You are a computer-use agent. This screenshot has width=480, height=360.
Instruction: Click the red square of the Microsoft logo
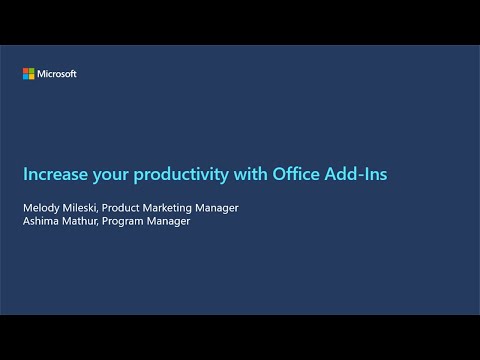coord(26,71)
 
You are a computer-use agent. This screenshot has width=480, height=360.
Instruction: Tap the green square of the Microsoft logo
coord(31,71)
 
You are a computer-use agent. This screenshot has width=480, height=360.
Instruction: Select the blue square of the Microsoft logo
coord(26,76)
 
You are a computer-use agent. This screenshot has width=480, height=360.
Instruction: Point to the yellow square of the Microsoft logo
coord(31,76)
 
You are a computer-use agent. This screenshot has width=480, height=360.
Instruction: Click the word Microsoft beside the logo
coord(57,74)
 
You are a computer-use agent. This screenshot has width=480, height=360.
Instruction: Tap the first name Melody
coord(41,208)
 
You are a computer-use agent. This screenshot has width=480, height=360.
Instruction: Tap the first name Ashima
coord(41,221)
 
